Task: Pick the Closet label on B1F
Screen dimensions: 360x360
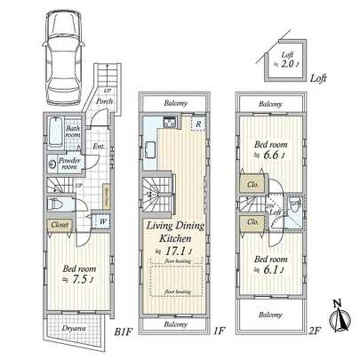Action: point(60,226)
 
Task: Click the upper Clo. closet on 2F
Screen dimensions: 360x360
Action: point(252,185)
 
